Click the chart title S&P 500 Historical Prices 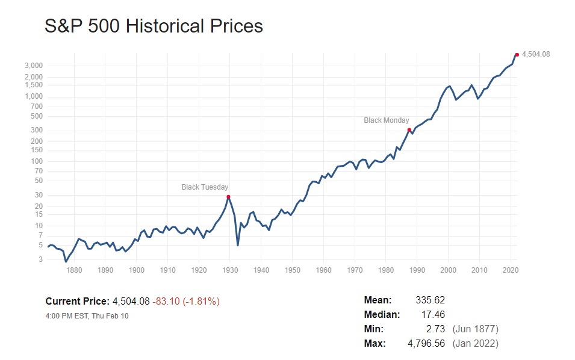pyautogui.click(x=154, y=26)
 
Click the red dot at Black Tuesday pyautogui.click(x=228, y=197)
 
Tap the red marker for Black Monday pyautogui.click(x=409, y=130)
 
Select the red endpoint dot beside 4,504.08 pyautogui.click(x=517, y=55)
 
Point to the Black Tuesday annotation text pyautogui.click(x=205, y=187)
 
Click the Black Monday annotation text pyautogui.click(x=387, y=120)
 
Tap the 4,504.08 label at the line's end pyautogui.click(x=535, y=54)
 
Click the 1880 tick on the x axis pyautogui.click(x=74, y=270)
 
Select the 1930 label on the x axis pyautogui.click(x=230, y=270)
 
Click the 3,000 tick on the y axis pyautogui.click(x=34, y=66)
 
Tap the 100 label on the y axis pyautogui.click(x=37, y=161)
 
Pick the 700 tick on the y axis pyautogui.click(x=37, y=107)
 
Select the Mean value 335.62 pyautogui.click(x=430, y=300)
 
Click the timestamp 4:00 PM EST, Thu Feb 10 pyautogui.click(x=87, y=315)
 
